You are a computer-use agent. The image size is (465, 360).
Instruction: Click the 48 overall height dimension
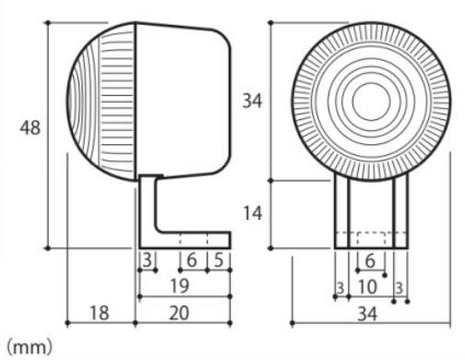click(x=30, y=127)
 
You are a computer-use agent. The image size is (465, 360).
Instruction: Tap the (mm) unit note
click(x=30, y=347)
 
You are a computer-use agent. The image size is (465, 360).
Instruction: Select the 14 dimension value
click(x=252, y=213)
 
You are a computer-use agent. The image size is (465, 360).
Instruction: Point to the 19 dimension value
click(x=180, y=286)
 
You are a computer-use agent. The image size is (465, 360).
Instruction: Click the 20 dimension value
click(x=179, y=313)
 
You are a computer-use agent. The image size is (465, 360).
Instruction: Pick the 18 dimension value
click(x=100, y=313)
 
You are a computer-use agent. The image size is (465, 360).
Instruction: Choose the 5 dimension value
click(x=219, y=260)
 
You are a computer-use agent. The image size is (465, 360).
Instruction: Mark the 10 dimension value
click(x=367, y=287)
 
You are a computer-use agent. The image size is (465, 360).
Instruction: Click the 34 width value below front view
click(x=367, y=315)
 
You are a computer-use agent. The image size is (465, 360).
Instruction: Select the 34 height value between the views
click(x=252, y=101)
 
